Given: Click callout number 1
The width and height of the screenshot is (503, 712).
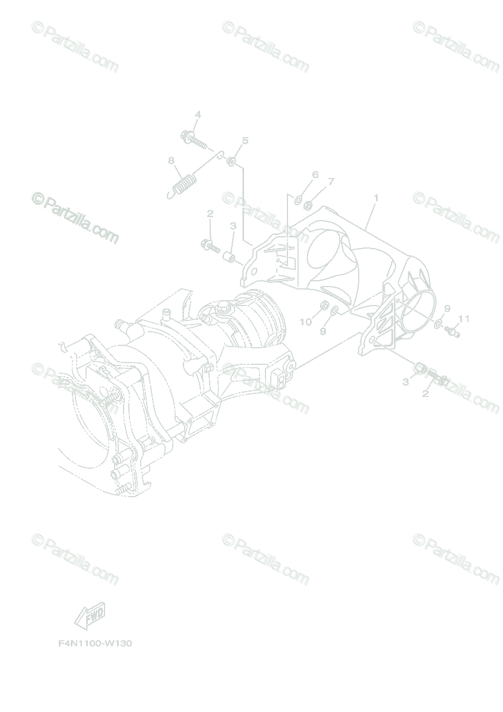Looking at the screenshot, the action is pos(375,197).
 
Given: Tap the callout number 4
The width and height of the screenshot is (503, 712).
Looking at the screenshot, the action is pos(198,115).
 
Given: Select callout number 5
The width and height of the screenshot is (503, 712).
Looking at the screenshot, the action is pos(245,141).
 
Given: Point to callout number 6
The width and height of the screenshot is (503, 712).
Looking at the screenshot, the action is pos(315,174).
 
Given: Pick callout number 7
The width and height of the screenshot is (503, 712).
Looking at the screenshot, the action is pos(331,181).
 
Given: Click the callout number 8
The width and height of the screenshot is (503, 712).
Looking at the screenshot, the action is pos(171,160).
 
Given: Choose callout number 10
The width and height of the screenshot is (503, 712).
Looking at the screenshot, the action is pos(305,322).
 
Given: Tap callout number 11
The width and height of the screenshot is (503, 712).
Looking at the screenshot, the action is pos(464,319).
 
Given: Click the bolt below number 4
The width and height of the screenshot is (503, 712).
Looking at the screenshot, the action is pos(192,139).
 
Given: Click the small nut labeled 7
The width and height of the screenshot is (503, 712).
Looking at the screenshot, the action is pos(309,206).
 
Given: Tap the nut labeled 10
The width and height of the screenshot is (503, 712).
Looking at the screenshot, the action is pos(324,305).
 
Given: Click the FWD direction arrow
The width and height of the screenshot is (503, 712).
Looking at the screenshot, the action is pos(90,616).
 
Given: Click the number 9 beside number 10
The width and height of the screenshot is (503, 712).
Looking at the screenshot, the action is pos(323,331).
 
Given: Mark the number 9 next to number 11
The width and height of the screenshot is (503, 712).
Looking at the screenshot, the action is pos(447,309).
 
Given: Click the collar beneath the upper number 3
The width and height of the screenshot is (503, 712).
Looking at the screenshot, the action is pos(229,256).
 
